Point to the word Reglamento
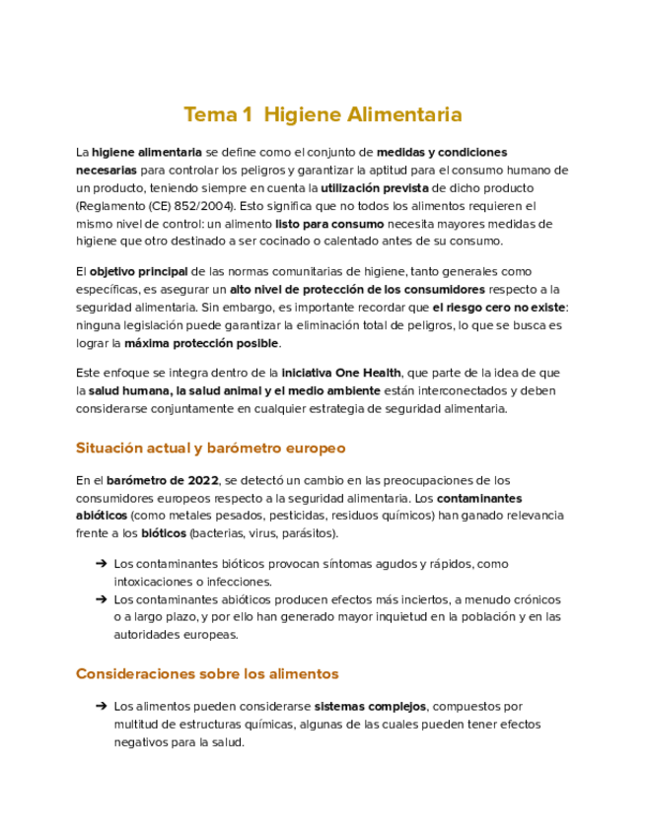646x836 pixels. (112, 206)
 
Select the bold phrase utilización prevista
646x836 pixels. (376, 188)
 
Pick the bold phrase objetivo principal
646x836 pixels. (138, 271)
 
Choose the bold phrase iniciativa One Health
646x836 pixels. (341, 373)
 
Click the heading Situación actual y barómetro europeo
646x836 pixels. (210, 448)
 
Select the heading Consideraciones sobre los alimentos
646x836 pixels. (207, 674)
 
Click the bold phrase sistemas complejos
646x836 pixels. (370, 707)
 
